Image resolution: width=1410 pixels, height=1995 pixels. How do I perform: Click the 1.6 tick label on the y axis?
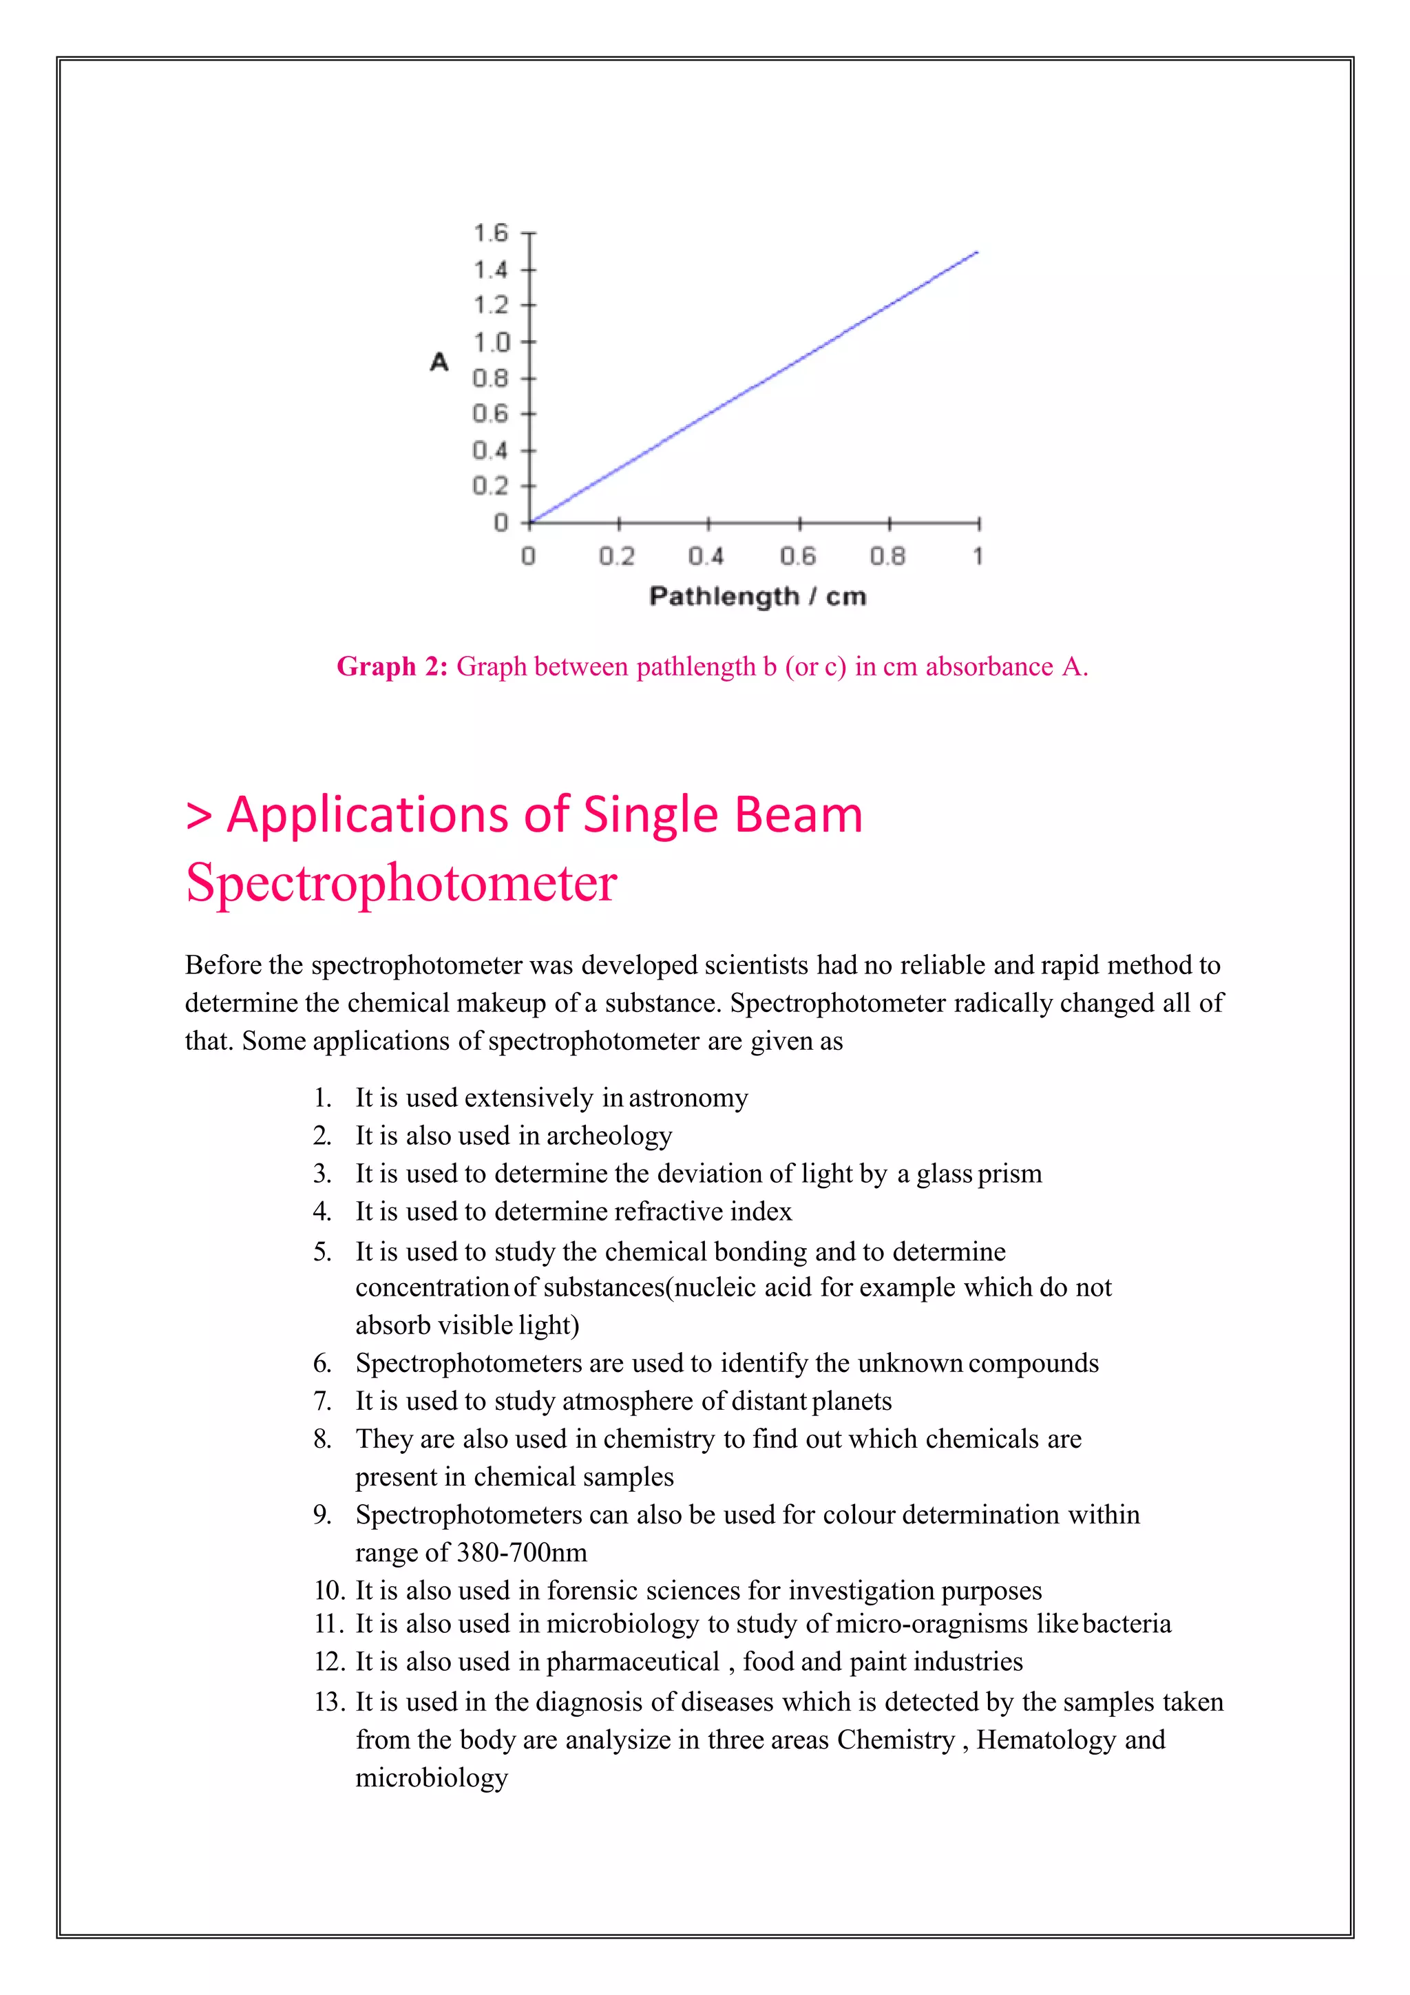[490, 233]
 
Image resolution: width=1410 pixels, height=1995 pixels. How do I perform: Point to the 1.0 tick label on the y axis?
[490, 342]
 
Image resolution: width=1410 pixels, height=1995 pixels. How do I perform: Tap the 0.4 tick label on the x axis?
[706, 556]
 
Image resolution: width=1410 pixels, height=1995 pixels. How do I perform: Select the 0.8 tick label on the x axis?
[887, 556]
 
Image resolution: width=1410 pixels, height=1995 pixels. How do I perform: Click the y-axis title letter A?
[440, 361]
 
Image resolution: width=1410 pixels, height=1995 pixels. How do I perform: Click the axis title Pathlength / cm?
[757, 596]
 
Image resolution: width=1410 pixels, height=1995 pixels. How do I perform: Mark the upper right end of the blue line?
[978, 253]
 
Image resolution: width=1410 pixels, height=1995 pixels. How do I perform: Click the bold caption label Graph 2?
[392, 666]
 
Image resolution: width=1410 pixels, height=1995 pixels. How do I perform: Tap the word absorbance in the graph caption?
[989, 666]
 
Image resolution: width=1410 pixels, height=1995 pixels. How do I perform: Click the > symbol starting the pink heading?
[199, 816]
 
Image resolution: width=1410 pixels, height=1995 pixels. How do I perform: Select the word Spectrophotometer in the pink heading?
[401, 883]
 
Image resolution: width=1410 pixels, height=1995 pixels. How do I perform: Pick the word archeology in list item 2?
[609, 1136]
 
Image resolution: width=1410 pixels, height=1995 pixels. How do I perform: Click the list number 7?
[322, 1401]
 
